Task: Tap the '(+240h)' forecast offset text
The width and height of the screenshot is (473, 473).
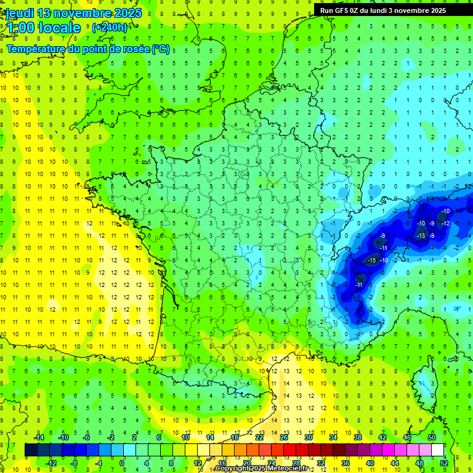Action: point(110,27)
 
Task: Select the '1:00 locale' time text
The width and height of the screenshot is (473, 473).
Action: point(43,28)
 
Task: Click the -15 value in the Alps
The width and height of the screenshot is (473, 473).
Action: point(371,261)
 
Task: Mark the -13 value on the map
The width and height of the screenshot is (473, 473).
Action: point(421,236)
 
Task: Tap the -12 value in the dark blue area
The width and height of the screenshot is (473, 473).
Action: point(445,223)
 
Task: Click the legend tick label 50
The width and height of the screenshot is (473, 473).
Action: point(431,437)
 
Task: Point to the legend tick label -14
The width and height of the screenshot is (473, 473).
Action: point(39,437)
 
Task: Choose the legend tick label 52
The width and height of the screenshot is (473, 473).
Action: point(444,463)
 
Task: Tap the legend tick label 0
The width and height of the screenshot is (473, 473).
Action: point(122,463)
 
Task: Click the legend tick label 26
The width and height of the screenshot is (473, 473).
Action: point(283,437)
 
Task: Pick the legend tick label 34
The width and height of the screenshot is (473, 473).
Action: point(333,437)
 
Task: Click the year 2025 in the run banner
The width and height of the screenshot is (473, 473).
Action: point(434,10)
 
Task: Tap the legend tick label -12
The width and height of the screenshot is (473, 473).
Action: point(52,463)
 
